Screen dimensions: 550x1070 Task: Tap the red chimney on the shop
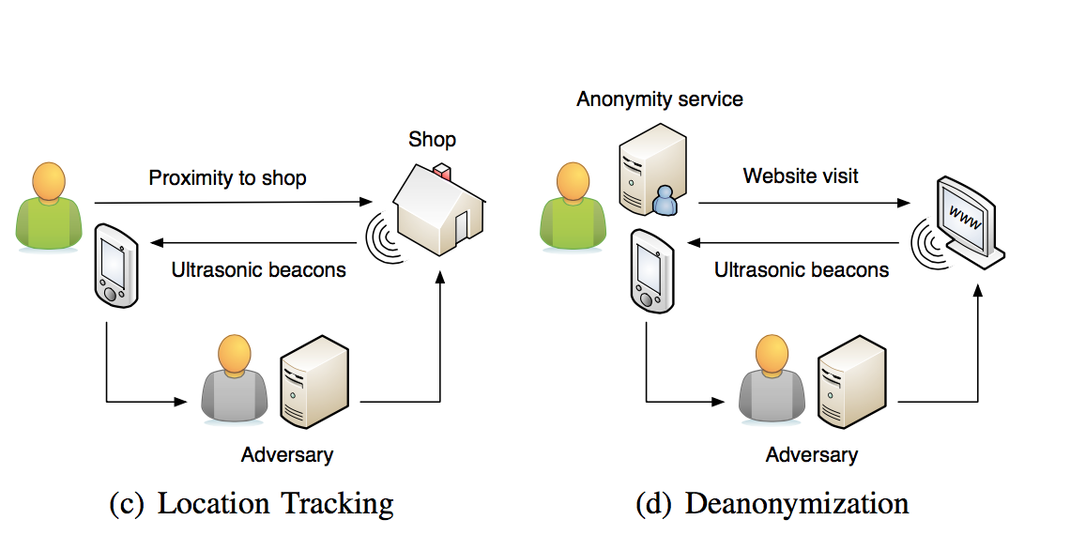click(443, 173)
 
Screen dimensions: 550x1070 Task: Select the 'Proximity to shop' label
click(227, 177)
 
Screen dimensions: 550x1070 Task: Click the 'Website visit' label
click(801, 176)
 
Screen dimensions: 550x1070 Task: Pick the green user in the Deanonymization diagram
click(573, 208)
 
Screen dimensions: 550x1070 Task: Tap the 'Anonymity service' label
click(660, 99)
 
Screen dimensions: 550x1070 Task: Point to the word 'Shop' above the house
click(432, 140)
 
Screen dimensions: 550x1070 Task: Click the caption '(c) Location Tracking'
click(252, 504)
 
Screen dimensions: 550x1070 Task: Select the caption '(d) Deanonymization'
click(772, 504)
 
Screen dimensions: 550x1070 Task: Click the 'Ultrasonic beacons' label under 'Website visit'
click(801, 270)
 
